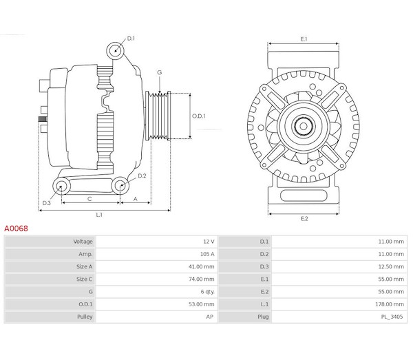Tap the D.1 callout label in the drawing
[x=131, y=39]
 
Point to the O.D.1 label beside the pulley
[x=199, y=116]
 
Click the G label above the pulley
[x=159, y=72]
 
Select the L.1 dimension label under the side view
[x=99, y=215]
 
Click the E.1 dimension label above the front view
[x=304, y=39]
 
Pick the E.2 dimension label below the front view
[x=304, y=219]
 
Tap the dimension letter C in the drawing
[x=89, y=199]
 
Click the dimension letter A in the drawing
[x=136, y=199]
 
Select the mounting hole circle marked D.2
[x=121, y=184]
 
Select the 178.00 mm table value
[x=390, y=304]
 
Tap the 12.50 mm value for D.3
[x=390, y=266]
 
